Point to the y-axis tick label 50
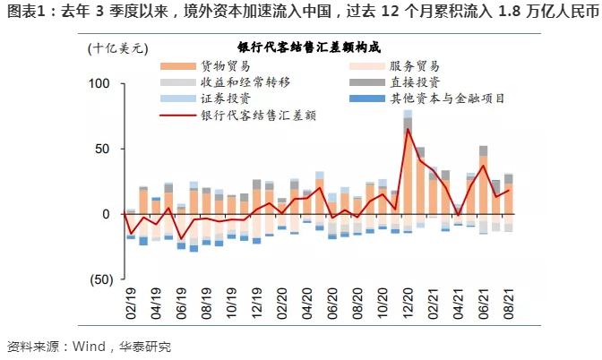point(102,149)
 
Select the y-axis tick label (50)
point(98,279)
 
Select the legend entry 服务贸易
point(415,66)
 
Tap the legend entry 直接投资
point(415,81)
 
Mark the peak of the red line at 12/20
point(408,129)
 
